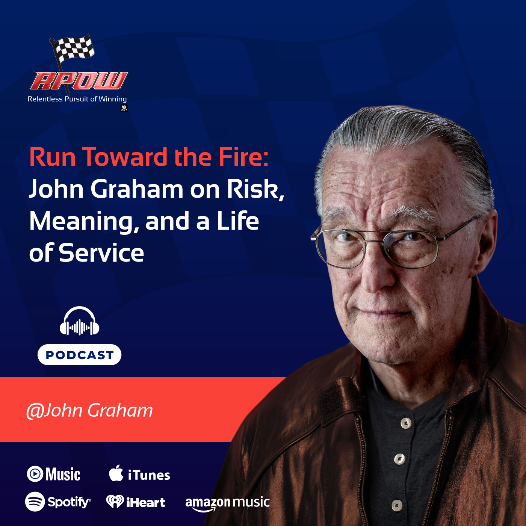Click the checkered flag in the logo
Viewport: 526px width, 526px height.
pos(74,48)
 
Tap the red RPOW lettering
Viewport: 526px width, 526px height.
pos(79,81)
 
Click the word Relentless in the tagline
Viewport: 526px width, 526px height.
pos(45,99)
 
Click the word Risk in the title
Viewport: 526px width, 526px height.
pos(255,189)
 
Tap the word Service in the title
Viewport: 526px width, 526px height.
pos(101,253)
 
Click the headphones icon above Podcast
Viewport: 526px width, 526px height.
pos(79,322)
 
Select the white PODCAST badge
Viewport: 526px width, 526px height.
pos(79,355)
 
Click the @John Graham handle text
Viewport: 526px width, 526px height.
pos(89,410)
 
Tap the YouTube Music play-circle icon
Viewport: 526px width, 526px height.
pos(35,474)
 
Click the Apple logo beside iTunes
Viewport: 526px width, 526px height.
pos(116,473)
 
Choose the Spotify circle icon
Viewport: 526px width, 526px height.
pos(35,502)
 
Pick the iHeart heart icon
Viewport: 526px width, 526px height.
pos(115,502)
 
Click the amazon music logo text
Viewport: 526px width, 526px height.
pos(227,503)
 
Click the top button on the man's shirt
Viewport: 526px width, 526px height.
pos(406,423)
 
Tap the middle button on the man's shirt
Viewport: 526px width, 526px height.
pos(399,459)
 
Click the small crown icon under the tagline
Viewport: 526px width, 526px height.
pos(124,109)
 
